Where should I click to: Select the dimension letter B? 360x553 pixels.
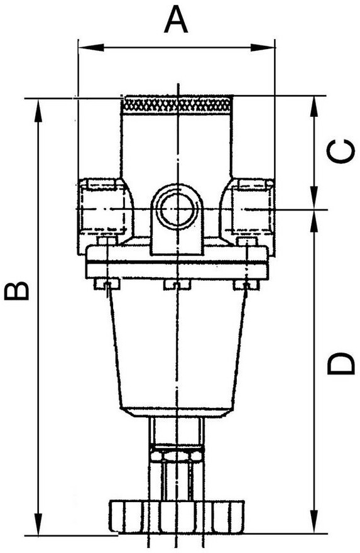16,290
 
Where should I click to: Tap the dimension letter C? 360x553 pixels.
341,151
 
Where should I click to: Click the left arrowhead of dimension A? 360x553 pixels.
90,47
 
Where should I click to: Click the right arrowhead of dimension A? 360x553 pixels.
263,47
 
